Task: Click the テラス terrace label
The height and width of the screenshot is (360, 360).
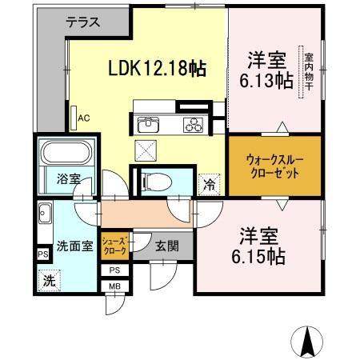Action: pyautogui.click(x=82, y=22)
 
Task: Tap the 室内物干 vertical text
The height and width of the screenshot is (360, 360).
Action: pyautogui.click(x=309, y=76)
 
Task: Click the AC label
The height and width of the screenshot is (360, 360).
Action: pyautogui.click(x=83, y=118)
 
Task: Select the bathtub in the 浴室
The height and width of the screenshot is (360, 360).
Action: pyautogui.click(x=66, y=153)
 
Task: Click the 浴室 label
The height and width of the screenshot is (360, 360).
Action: pyautogui.click(x=68, y=179)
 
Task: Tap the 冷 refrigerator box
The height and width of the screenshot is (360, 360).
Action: pyautogui.click(x=208, y=183)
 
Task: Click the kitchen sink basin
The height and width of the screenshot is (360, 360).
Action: pyautogui.click(x=149, y=123)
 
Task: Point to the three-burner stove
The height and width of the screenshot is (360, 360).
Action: pyautogui.click(x=194, y=123)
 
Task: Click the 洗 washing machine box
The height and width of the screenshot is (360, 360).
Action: pyautogui.click(x=48, y=281)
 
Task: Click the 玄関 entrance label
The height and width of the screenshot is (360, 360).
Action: pyautogui.click(x=166, y=246)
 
